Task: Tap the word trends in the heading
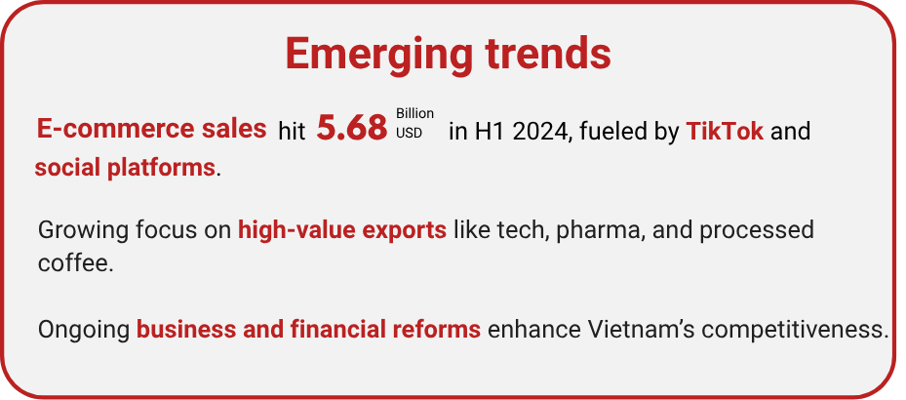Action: click(548, 54)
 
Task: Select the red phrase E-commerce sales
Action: click(151, 129)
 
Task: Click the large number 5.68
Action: click(351, 128)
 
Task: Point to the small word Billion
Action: click(414, 113)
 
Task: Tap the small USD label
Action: click(409, 133)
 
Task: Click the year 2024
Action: click(540, 132)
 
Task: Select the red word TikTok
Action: click(725, 132)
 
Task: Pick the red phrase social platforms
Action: click(125, 168)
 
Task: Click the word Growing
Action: click(83, 231)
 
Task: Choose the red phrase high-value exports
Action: click(342, 230)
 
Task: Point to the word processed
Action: click(757, 231)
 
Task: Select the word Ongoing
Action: click(84, 331)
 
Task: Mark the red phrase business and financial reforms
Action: click(308, 330)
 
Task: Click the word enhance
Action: click(534, 330)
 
